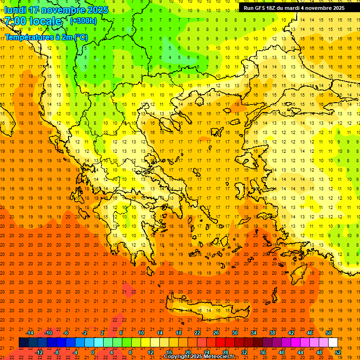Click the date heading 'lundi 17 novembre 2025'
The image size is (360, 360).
click(x=56, y=10)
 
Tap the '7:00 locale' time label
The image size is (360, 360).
click(x=33, y=21)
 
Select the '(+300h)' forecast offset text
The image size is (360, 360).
click(x=83, y=21)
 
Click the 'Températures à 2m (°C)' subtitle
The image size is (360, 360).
click(x=46, y=37)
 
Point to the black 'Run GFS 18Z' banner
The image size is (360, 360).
click(x=294, y=8)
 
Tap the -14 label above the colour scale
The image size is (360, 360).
click(x=30, y=333)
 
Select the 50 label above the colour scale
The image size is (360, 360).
click(x=328, y=333)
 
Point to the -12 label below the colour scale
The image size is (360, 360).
click(x=39, y=352)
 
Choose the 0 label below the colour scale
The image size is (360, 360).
click(x=93, y=352)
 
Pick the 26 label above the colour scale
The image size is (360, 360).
click(x=216, y=333)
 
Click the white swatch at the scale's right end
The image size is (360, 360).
click(x=333, y=343)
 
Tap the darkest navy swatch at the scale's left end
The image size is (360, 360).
click(x=23, y=343)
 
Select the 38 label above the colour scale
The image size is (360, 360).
click(x=272, y=333)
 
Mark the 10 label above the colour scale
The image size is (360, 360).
click(x=141, y=333)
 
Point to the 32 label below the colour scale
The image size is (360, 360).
click(x=244, y=352)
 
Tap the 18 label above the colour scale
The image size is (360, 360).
click(x=178, y=333)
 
